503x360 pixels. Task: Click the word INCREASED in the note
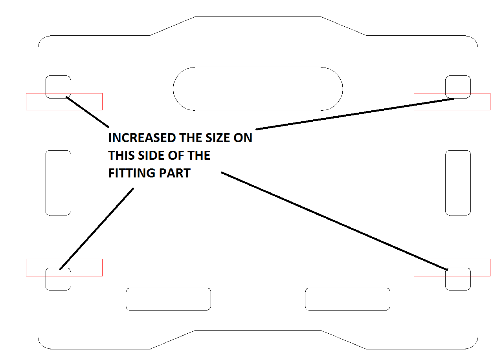click(142, 138)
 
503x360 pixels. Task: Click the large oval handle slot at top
click(258, 67)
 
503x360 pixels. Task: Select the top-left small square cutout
click(46, 87)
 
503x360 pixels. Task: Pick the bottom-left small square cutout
click(46, 279)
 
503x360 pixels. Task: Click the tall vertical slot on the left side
click(46, 183)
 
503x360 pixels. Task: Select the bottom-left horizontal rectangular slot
click(168, 288)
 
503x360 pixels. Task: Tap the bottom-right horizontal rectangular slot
click(347, 288)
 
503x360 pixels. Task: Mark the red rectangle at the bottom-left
click(64, 259)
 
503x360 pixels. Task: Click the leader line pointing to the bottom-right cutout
click(334, 221)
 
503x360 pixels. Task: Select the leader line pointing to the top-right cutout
click(355, 114)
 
